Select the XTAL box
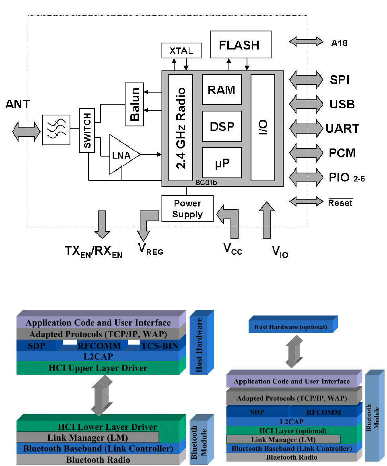click(x=181, y=51)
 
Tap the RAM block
click(x=222, y=89)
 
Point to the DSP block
click(x=222, y=126)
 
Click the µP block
click(x=222, y=163)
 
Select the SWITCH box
click(x=87, y=130)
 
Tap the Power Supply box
click(x=187, y=209)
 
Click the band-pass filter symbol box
click(x=56, y=130)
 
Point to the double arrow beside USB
click(x=306, y=104)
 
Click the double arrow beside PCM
click(x=306, y=153)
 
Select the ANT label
click(x=18, y=104)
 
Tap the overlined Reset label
click(x=340, y=203)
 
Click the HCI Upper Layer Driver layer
click(x=98, y=368)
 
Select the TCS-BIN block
click(x=159, y=345)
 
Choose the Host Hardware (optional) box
click(x=290, y=327)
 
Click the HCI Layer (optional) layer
click(x=292, y=431)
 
